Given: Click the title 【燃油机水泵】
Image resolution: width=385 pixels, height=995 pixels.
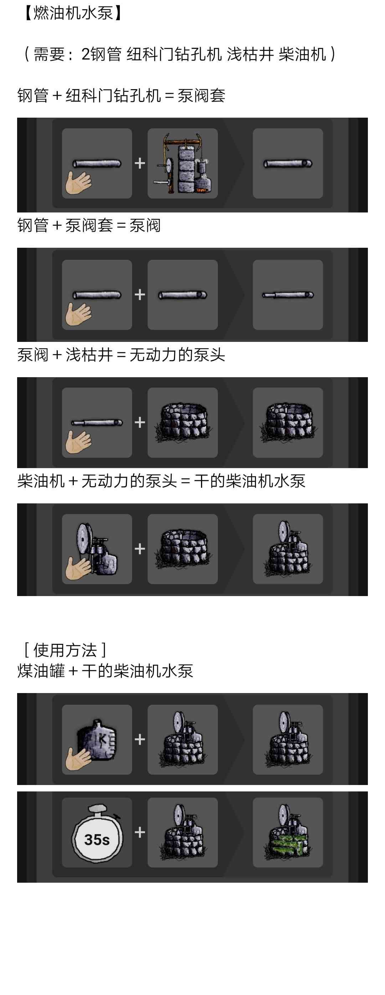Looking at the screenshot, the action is pos(73,13).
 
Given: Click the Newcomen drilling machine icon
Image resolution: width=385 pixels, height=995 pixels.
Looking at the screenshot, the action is pos(182,163).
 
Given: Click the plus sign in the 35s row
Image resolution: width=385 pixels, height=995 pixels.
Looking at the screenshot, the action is pos(140,832).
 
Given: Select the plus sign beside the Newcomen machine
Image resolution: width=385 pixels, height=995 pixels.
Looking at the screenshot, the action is pos(140,163).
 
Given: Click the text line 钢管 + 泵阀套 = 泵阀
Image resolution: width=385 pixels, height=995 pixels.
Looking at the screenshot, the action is pos(89,226).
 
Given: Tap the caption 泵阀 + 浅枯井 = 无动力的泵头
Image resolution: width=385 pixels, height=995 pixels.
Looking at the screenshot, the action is pos(121,355).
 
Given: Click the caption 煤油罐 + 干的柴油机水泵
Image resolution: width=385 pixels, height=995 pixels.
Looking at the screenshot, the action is pos(105,671).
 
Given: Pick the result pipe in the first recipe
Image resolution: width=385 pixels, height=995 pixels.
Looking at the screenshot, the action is pos(288,164).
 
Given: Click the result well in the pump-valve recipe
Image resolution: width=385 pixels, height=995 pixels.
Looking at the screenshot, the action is pos(288,422).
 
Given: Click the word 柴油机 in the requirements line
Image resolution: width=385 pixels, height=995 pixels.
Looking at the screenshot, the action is pos(302,54).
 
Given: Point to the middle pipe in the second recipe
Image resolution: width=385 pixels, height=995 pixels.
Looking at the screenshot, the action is pos(182,295).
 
